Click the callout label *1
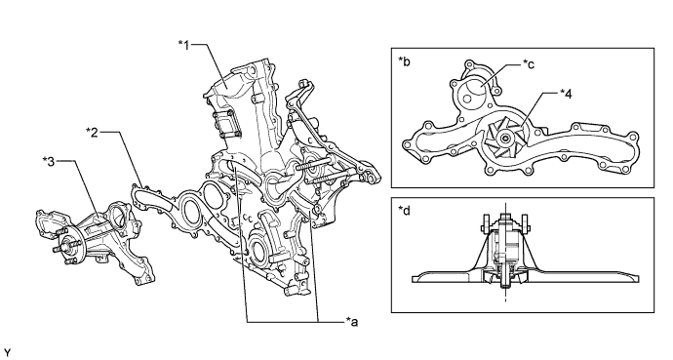pos(184,45)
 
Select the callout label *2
pos(92,132)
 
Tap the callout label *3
pos(49,162)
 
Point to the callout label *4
pos(566,93)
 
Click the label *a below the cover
pos(351,321)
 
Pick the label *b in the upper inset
pos(404,61)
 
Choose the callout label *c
pos(529,64)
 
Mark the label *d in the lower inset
pos(404,211)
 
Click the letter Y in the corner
pos(7,353)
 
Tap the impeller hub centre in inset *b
pos(505,139)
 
